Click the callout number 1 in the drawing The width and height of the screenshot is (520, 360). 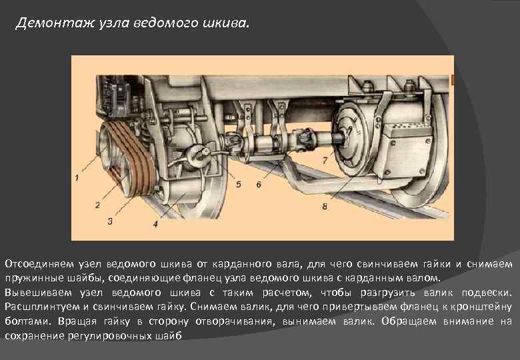click(77, 178)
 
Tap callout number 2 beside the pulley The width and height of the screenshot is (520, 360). click(97, 205)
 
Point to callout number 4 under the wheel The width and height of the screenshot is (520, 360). click(155, 225)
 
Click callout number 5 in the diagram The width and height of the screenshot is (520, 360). click(238, 184)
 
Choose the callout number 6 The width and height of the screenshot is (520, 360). click(259, 184)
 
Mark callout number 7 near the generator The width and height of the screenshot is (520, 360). click(325, 160)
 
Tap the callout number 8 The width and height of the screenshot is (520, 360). click(325, 207)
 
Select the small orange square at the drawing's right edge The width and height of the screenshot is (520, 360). click(452, 81)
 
